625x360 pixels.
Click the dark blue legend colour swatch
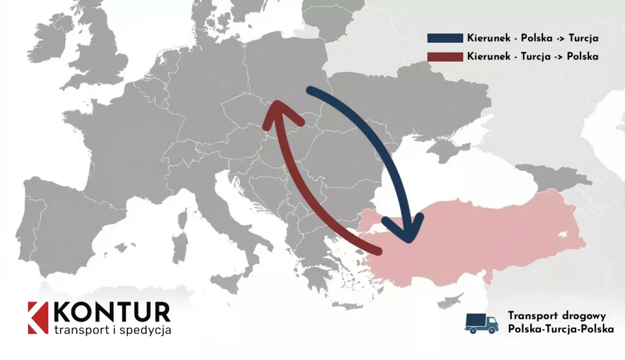click(445, 38)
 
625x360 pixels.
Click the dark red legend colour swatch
click(445, 56)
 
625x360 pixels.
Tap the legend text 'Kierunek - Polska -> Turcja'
click(532, 38)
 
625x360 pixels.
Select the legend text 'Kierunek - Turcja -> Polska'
click(532, 56)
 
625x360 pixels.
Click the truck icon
click(481, 323)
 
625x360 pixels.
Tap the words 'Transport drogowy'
click(556, 315)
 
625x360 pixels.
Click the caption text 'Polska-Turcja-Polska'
click(560, 329)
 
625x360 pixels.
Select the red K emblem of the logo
click(37, 318)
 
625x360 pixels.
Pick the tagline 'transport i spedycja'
click(112, 330)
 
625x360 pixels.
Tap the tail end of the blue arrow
click(311, 92)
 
